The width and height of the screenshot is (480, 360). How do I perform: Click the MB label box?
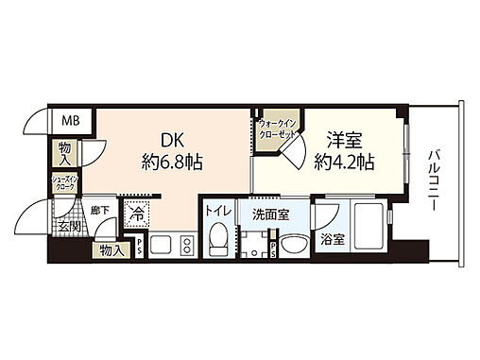tap(71, 120)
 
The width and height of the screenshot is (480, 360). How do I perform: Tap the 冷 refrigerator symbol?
tap(136, 215)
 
